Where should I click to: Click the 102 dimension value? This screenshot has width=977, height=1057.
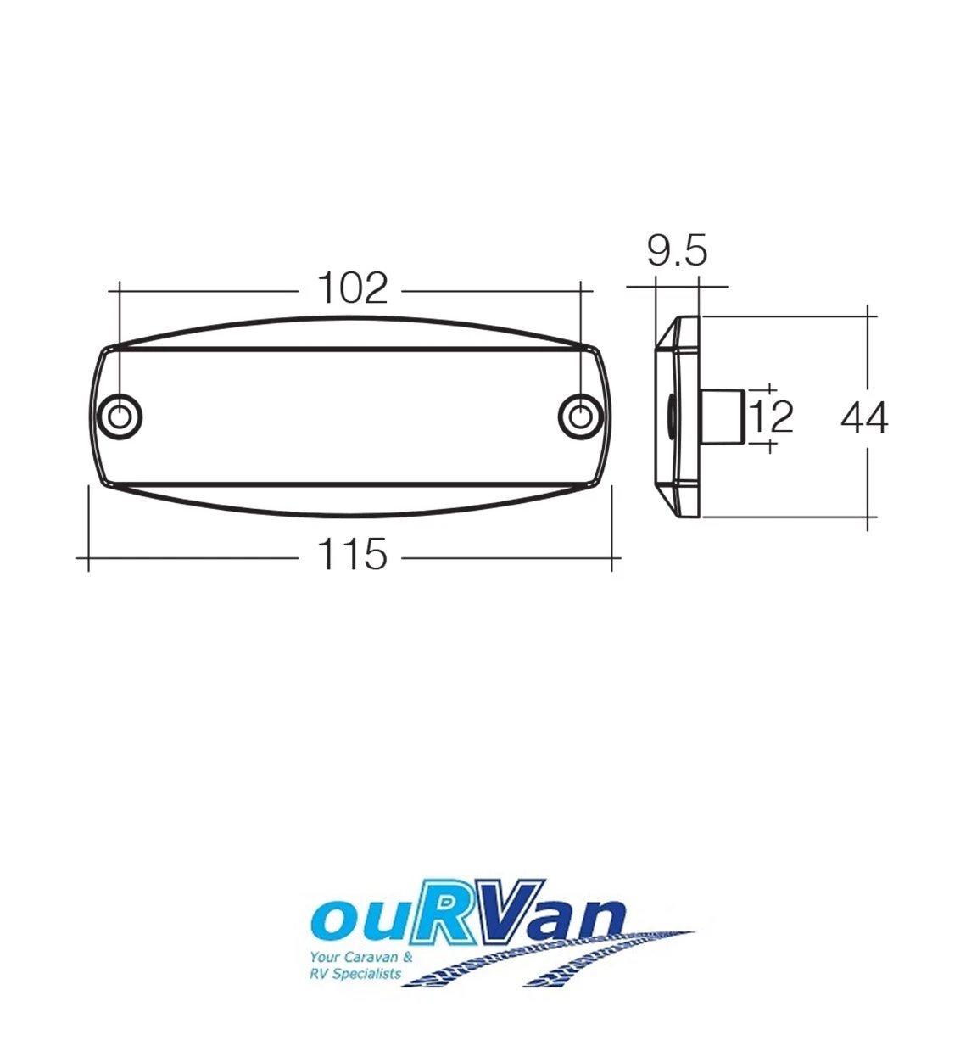(x=352, y=289)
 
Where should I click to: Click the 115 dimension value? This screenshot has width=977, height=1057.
(x=351, y=556)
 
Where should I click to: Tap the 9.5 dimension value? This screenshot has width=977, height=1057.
(x=677, y=251)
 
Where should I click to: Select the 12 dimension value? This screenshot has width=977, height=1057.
(x=772, y=417)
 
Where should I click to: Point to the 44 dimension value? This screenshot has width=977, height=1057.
(x=864, y=418)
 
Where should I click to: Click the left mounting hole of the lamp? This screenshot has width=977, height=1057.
(x=120, y=417)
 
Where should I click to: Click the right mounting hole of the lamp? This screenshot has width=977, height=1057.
(x=580, y=417)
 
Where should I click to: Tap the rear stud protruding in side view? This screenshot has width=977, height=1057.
(x=723, y=416)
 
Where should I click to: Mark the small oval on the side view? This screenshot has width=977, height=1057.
(x=670, y=417)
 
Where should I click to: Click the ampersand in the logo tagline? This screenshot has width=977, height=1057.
(x=408, y=957)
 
